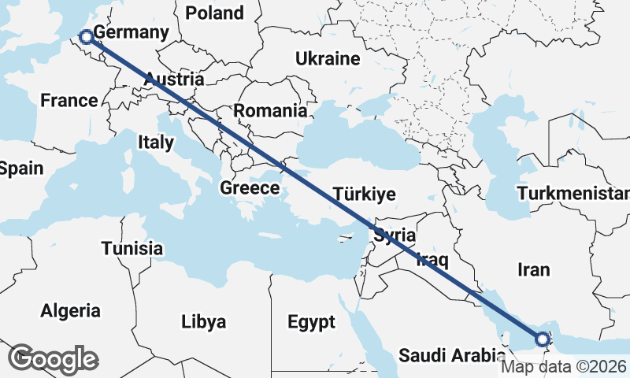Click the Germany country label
[x=131, y=33]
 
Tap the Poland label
[x=213, y=13]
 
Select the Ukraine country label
[x=328, y=59]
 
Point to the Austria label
[x=174, y=80]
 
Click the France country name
[x=69, y=101]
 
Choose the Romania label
[x=270, y=111]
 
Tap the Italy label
[x=155, y=143]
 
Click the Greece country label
[x=250, y=188]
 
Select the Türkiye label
[x=364, y=195]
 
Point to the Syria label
[x=394, y=235]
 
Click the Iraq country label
[x=432, y=259]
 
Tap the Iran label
[x=533, y=270]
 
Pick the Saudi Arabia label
[x=446, y=355]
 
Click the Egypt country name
[x=311, y=322]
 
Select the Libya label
[x=203, y=322]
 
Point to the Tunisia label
[x=132, y=249]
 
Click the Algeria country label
[x=71, y=310]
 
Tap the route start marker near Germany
[x=86, y=35]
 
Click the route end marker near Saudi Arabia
[x=542, y=339]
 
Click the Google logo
[x=54, y=359]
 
